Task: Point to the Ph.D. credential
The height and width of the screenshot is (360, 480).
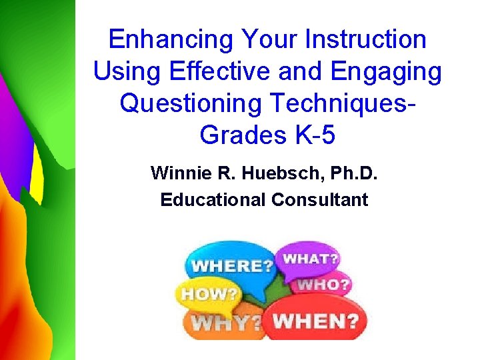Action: click(x=349, y=174)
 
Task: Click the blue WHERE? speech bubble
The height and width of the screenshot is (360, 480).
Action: click(x=230, y=265)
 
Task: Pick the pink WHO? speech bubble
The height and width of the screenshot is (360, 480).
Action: click(x=323, y=285)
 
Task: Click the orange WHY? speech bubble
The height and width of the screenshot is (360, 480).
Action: click(x=223, y=323)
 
